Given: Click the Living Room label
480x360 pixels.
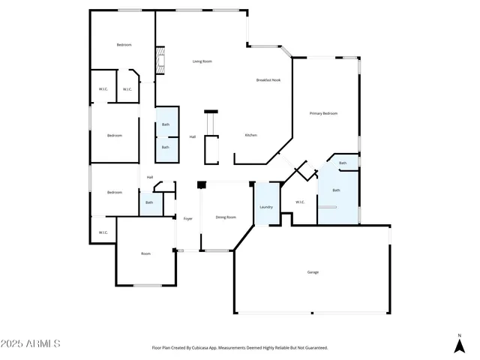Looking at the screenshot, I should coord(202,61).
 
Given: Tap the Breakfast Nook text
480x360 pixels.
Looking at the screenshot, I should coord(268,79).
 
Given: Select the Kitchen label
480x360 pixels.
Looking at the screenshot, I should coord(251,135).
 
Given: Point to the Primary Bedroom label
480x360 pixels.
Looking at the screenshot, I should coord(324,113).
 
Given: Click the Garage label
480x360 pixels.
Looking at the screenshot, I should coord(313,271).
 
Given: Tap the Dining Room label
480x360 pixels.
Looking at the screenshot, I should coord(226,217).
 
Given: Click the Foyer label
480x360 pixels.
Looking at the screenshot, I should coord(187,218).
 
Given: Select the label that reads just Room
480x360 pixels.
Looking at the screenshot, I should coord(145,253).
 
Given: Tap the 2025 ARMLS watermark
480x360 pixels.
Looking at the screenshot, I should coord(31,343).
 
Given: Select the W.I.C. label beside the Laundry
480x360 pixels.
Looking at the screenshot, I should coord(300,201).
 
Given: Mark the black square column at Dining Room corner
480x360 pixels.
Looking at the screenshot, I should coord(200,184).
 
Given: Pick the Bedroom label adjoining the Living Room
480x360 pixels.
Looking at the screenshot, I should coord(124,45).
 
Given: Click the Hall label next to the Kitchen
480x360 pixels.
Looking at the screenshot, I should coord(193,136).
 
